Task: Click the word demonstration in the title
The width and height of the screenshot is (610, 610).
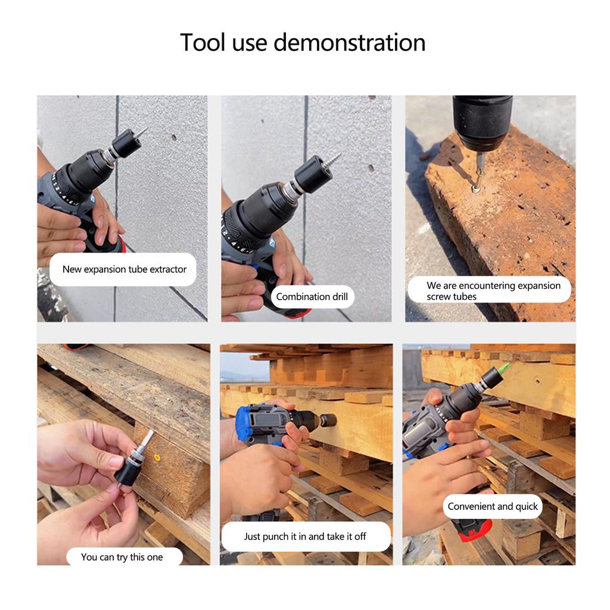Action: pyautogui.click(x=349, y=43)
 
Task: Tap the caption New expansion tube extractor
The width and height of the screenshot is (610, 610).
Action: pyautogui.click(x=124, y=269)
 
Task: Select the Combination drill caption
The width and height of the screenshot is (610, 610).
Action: pyautogui.click(x=311, y=296)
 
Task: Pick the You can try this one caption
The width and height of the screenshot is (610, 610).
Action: pyautogui.click(x=122, y=557)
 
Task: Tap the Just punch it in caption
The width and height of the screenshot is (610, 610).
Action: pyautogui.click(x=305, y=536)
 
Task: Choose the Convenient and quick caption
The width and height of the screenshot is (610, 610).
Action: pyautogui.click(x=493, y=506)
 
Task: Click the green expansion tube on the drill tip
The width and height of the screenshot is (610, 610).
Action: pyautogui.click(x=504, y=368)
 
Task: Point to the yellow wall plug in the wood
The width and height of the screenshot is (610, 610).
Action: pyautogui.click(x=156, y=457)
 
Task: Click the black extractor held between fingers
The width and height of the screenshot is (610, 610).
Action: pyautogui.click(x=129, y=470)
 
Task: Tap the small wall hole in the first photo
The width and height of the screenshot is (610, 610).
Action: pyautogui.click(x=174, y=138)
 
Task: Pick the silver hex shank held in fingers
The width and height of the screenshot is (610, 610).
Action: pyautogui.click(x=145, y=441)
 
